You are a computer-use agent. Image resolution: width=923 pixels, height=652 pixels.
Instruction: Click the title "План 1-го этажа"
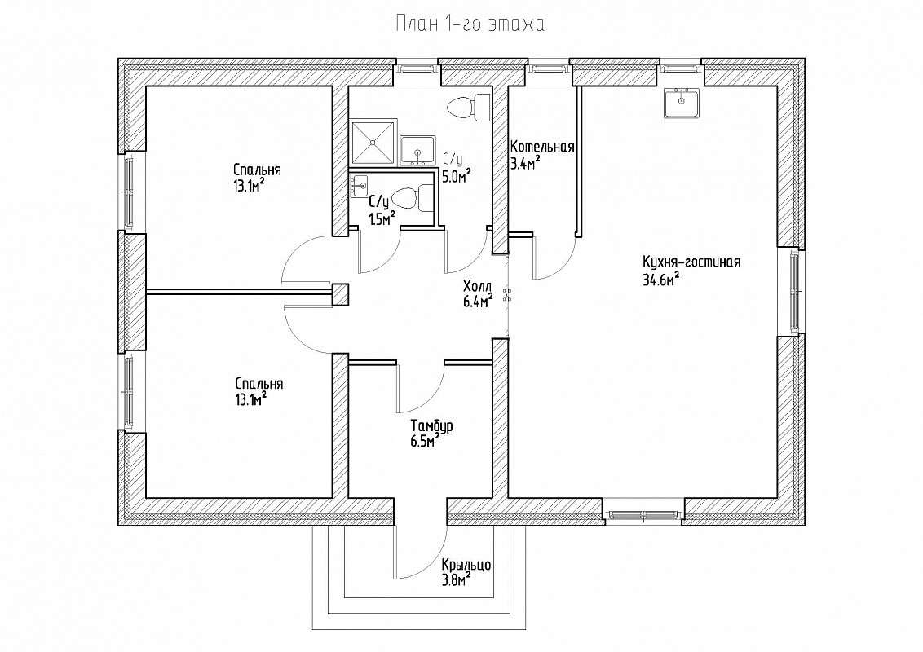point(470,24)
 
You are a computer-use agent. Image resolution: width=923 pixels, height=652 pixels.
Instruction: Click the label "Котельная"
point(542,148)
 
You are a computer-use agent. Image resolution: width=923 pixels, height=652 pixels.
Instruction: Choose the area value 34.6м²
point(661,280)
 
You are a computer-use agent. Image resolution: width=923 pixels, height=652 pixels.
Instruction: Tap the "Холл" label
point(478,286)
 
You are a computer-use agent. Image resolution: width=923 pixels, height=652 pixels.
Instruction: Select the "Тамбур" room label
point(432,426)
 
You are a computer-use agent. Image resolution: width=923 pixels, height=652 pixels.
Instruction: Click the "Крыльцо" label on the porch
point(466,565)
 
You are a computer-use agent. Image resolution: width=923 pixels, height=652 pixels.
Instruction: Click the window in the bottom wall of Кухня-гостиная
point(643,514)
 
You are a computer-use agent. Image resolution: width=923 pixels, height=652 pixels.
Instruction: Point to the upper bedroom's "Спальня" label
point(257,170)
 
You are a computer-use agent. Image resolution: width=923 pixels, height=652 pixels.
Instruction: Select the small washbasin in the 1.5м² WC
point(359,186)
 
